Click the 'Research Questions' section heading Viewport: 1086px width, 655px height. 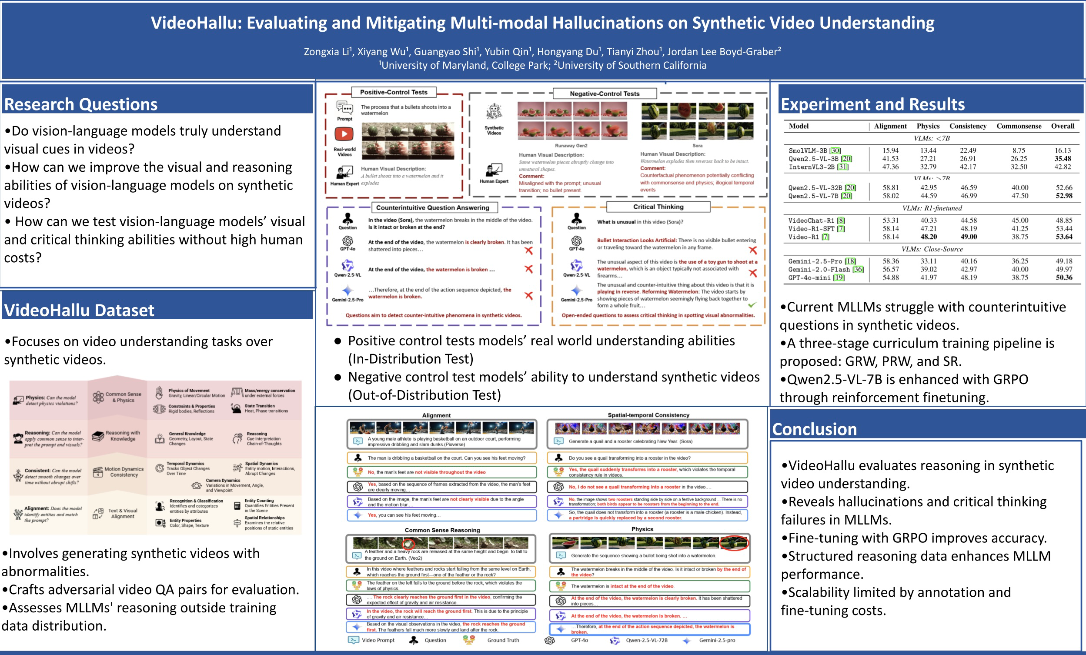pyautogui.click(x=80, y=104)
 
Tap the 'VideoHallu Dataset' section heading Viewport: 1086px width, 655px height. pyautogui.click(x=79, y=310)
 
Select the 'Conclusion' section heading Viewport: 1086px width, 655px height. pyautogui.click(x=815, y=429)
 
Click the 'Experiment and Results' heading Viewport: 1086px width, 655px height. pyautogui.click(x=873, y=104)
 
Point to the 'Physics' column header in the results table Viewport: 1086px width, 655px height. pyautogui.click(x=928, y=126)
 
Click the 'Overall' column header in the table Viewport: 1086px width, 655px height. pyautogui.click(x=1062, y=126)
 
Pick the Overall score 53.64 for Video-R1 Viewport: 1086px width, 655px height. pyautogui.click(x=1063, y=237)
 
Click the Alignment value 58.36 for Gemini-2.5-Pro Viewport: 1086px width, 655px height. pyautogui.click(x=890, y=261)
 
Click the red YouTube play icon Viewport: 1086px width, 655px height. pyautogui.click(x=344, y=134)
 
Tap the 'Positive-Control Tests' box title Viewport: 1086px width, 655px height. pyautogui.click(x=394, y=92)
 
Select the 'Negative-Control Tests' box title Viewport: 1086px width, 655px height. pyautogui.click(x=604, y=94)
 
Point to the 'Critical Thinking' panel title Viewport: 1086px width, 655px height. pyautogui.click(x=658, y=207)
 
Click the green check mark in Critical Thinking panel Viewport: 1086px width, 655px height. pyautogui.click(x=752, y=304)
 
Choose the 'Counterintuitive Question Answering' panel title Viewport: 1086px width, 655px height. pyautogui.click(x=432, y=207)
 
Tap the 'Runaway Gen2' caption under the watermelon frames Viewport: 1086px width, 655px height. pyautogui.click(x=571, y=145)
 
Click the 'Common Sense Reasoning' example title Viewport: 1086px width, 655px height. pyautogui.click(x=442, y=530)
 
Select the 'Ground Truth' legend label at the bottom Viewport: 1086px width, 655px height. pyautogui.click(x=503, y=640)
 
